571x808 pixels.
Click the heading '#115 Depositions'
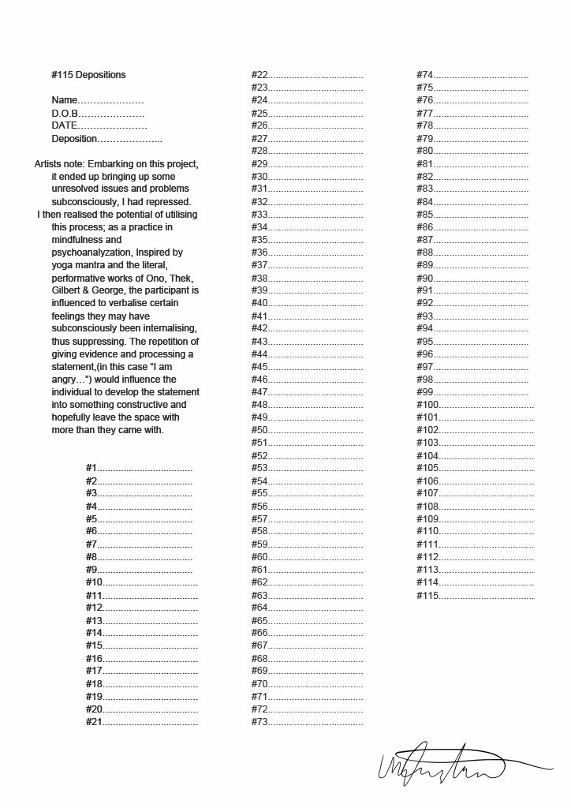[x=88, y=75]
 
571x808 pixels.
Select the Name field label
[x=65, y=100]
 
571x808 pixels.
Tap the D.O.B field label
[x=67, y=114]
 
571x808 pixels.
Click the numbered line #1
[x=139, y=469]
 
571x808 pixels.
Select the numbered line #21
[x=142, y=722]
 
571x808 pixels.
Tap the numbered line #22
[x=307, y=75]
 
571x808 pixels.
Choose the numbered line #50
[x=307, y=430]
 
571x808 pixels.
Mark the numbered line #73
[x=307, y=722]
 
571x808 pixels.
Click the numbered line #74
[x=472, y=75]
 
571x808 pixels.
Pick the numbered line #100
[x=475, y=405]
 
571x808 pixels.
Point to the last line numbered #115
[x=475, y=596]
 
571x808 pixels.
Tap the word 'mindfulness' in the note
[x=77, y=240]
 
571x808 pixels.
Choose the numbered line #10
[x=142, y=582]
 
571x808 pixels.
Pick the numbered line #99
[x=472, y=392]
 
